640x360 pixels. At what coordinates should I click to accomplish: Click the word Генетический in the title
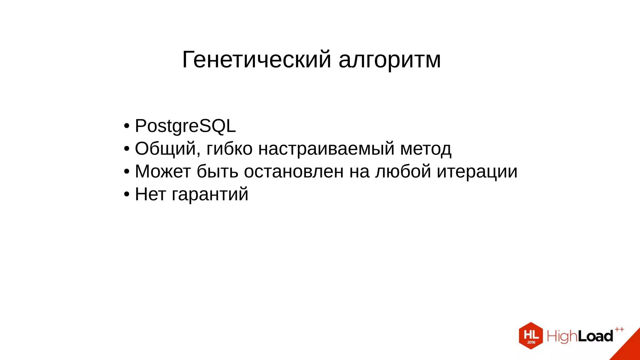pos(256,59)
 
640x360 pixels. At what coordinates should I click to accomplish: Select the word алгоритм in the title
pos(390,59)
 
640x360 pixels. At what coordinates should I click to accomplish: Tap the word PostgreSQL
pos(185,126)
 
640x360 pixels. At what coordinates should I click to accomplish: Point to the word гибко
pos(229,149)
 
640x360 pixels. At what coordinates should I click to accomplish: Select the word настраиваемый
pos(326,149)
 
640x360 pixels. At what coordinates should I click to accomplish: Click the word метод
pos(426,149)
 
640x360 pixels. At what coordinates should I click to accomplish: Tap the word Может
pos(163,172)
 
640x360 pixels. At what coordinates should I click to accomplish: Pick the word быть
pos(217,172)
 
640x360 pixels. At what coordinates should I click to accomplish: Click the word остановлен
pos(294,172)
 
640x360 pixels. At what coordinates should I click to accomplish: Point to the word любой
pos(403,172)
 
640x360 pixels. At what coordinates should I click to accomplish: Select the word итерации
pos(477,172)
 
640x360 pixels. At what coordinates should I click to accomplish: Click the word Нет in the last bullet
pos(150,194)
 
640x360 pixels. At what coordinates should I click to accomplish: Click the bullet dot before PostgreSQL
pos(127,126)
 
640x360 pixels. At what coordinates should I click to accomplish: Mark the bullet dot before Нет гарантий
pos(127,194)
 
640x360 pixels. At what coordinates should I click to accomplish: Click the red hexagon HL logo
pos(531,336)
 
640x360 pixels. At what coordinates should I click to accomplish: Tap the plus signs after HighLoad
pos(619,329)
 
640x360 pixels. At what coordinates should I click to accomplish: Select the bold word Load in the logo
pos(595,336)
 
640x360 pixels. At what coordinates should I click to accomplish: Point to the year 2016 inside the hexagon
pos(531,342)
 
